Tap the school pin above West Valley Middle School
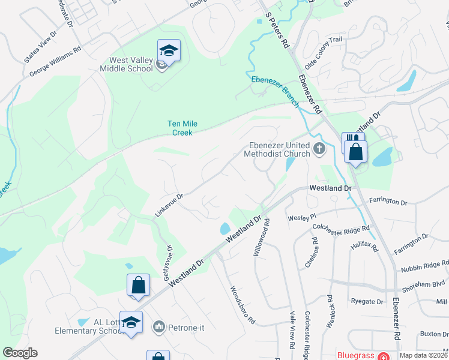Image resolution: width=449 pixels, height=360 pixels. click(169, 51)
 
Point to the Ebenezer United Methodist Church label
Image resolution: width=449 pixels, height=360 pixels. click(280, 149)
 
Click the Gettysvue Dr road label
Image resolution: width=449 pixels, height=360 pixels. click(169, 259)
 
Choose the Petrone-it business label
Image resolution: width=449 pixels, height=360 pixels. click(183, 327)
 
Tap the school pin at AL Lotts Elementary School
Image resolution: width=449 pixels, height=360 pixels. click(130, 323)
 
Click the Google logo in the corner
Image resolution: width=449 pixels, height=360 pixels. click(20, 353)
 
